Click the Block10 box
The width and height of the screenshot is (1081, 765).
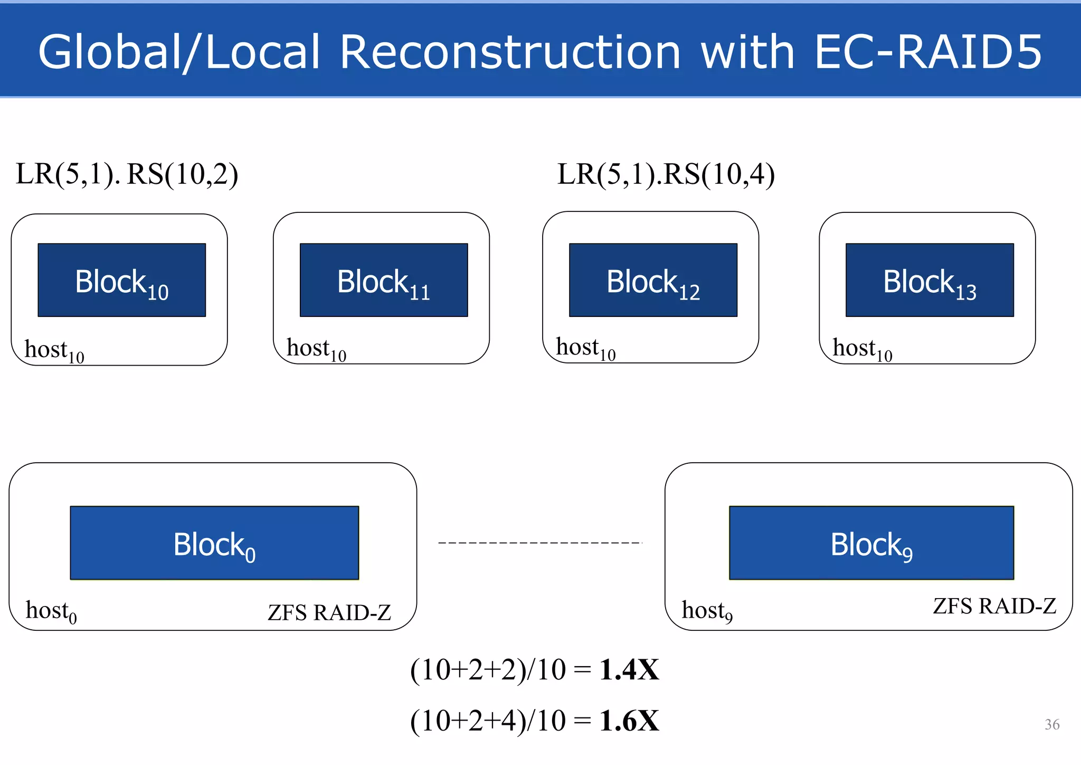121,280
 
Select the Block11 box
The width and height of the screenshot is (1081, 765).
384,280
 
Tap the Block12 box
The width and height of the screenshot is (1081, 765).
653,280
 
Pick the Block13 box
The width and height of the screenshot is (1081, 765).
930,280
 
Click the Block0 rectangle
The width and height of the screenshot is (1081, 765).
214,543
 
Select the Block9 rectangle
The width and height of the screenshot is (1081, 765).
871,543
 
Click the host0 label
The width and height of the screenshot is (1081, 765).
51,611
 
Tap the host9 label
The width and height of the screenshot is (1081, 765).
707,611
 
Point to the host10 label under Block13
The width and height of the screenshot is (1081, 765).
862,349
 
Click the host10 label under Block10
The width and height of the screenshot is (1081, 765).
54,351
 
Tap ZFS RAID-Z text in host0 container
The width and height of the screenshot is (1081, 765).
329,613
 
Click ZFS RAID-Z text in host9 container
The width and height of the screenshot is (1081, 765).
994,607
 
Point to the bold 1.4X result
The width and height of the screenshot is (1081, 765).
629,670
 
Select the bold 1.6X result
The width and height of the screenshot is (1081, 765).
629,721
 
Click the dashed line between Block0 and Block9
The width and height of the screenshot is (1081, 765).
539,543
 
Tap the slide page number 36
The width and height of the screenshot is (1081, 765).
1052,724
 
